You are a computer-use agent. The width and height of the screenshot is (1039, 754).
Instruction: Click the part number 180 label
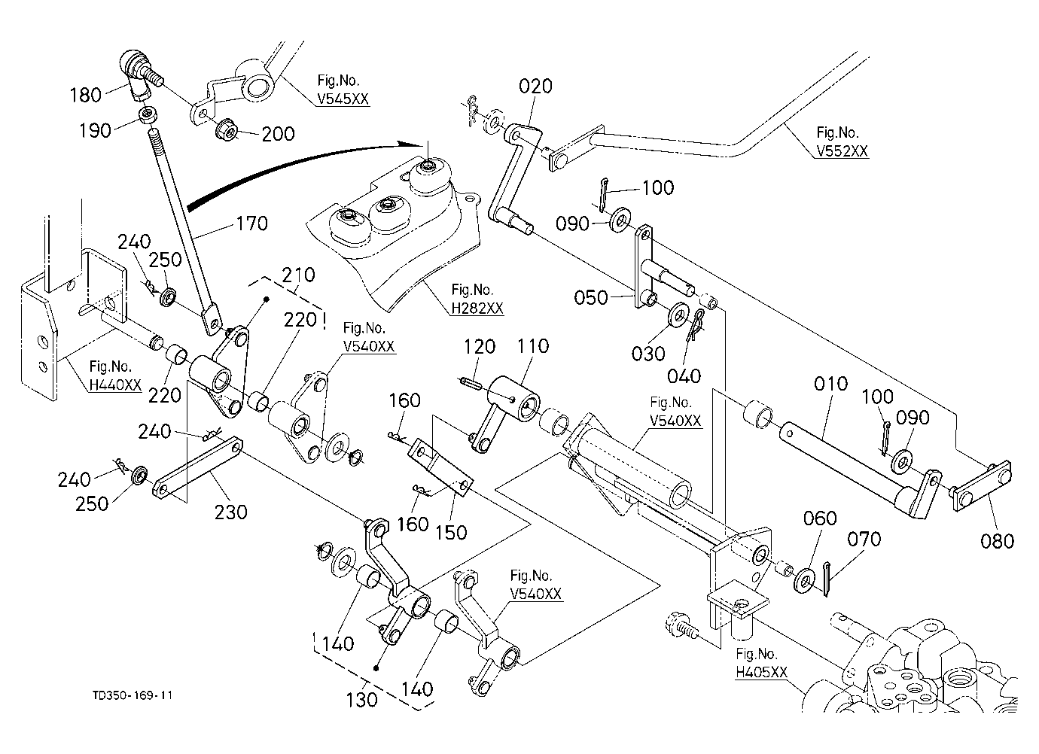pyautogui.click(x=85, y=95)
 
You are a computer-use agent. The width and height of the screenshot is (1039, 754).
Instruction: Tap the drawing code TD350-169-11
pyautogui.click(x=133, y=695)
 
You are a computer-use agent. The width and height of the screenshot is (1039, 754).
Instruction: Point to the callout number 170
pyautogui.click(x=252, y=223)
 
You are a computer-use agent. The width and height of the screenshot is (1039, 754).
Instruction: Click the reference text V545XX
pyautogui.click(x=343, y=99)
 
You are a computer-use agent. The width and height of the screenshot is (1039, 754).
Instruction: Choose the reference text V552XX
pyautogui.click(x=842, y=151)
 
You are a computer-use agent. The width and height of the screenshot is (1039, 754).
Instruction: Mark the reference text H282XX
pyautogui.click(x=477, y=309)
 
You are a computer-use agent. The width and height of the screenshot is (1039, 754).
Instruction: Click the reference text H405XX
pyautogui.click(x=762, y=672)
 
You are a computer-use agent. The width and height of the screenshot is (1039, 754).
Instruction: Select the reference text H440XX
pyautogui.click(x=115, y=385)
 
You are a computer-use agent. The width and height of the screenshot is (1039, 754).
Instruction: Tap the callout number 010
pyautogui.click(x=830, y=384)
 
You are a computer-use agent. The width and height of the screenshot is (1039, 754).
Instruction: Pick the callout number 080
pyautogui.click(x=998, y=541)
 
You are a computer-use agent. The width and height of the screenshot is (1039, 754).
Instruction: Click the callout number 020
pyautogui.click(x=536, y=87)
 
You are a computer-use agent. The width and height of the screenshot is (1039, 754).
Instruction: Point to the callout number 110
pyautogui.click(x=533, y=346)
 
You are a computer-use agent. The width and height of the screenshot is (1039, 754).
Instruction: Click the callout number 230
pyautogui.click(x=230, y=512)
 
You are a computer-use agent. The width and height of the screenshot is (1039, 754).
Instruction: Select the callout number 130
pyautogui.click(x=362, y=700)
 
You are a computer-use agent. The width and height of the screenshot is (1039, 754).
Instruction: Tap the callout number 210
pyautogui.click(x=298, y=275)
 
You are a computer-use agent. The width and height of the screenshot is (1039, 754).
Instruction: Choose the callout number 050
pyautogui.click(x=591, y=298)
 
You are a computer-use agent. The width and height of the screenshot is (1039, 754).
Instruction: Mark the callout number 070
pyautogui.click(x=864, y=540)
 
